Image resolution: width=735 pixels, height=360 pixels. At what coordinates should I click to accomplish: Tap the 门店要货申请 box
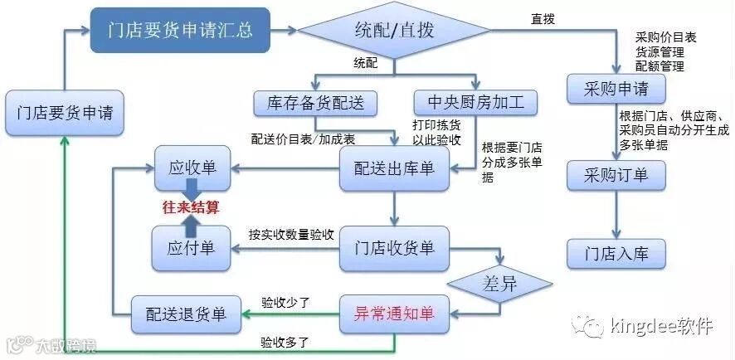(x=65, y=113)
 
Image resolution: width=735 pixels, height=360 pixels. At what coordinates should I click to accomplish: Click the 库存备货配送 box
(x=315, y=103)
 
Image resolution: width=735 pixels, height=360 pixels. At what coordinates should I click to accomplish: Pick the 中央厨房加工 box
(x=476, y=103)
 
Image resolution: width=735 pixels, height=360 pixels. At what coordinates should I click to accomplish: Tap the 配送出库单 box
(x=394, y=168)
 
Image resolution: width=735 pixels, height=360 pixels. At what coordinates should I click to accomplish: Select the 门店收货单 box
(x=394, y=246)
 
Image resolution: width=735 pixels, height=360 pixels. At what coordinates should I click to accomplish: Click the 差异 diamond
(x=499, y=284)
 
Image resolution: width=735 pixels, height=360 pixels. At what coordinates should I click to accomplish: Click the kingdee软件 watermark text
(x=660, y=326)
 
